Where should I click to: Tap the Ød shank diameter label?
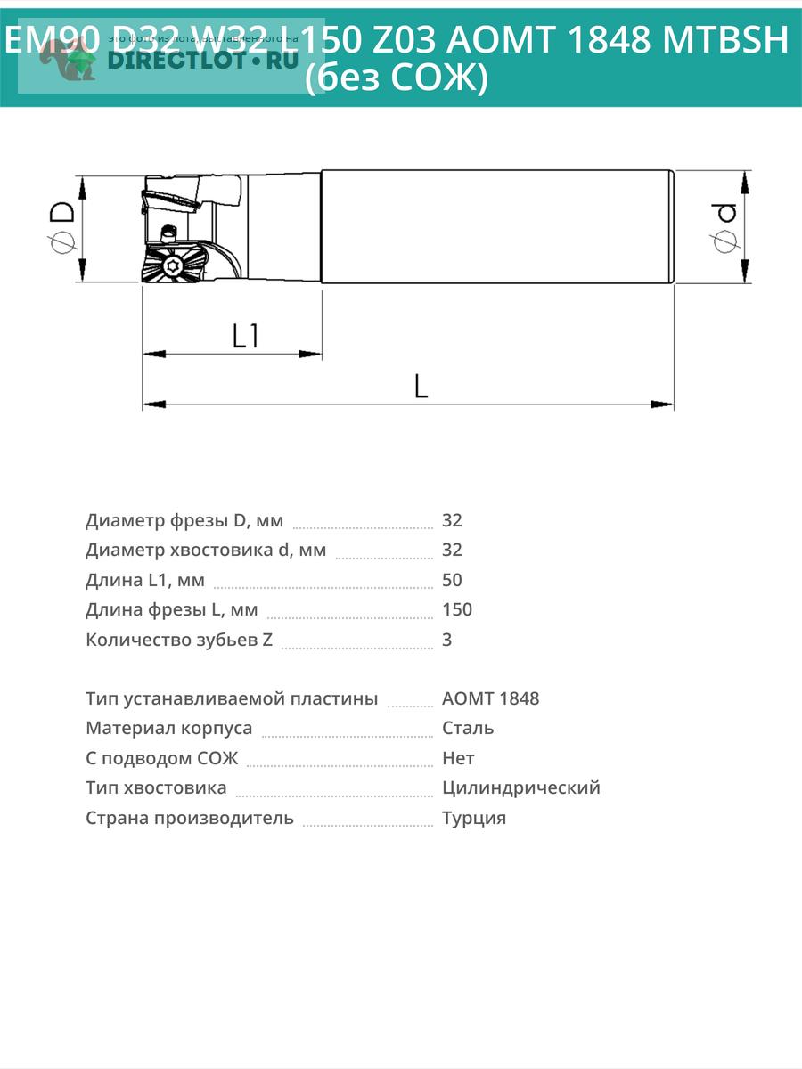coord(724,226)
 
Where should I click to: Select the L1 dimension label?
coord(245,336)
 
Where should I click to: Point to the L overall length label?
coord(421,386)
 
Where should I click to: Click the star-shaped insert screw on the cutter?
coord(175,265)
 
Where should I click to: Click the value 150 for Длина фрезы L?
coord(457,609)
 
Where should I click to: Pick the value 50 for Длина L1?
coord(452,580)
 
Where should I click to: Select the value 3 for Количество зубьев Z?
coord(447,640)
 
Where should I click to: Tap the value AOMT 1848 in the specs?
coord(490,698)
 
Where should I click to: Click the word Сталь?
coord(468,728)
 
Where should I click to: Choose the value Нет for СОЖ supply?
coord(458,758)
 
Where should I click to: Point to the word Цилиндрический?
coord(520,787)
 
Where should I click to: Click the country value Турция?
coord(474,818)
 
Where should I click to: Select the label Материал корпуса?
coord(168,728)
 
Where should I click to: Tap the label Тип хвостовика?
coord(156,787)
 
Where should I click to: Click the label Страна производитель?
coord(189,818)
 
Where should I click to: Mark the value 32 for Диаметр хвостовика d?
coord(452,550)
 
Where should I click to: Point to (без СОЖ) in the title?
coord(397,79)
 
